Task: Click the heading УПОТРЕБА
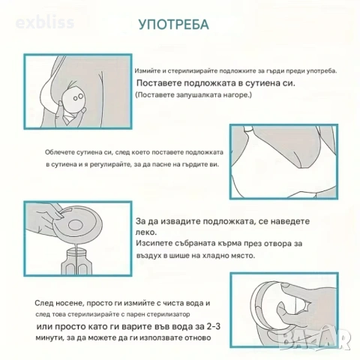(173, 24)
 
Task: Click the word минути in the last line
(50, 342)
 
